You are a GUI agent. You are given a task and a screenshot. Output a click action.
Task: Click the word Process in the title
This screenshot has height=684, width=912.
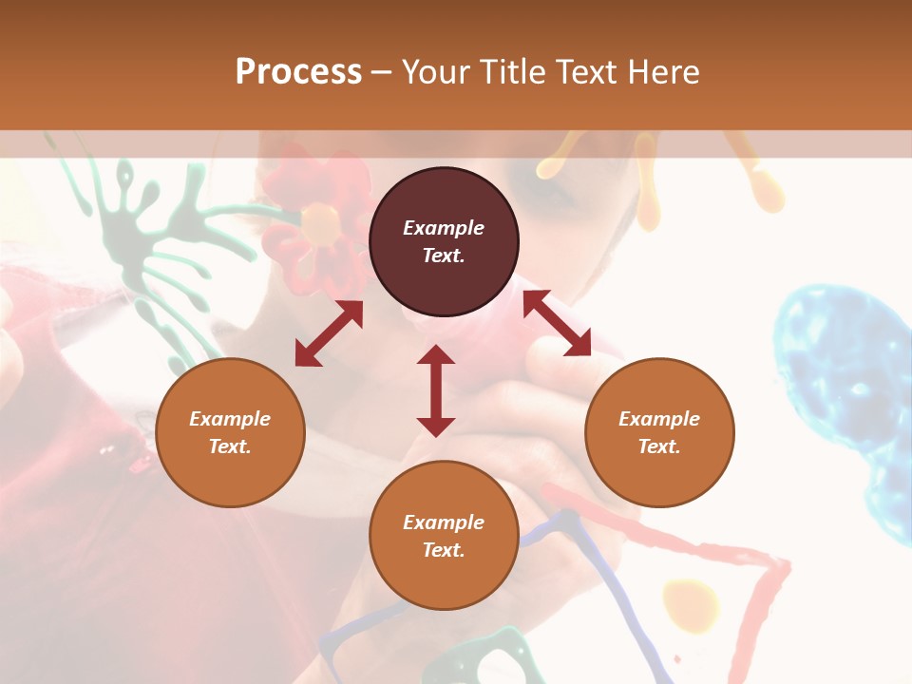click(x=298, y=72)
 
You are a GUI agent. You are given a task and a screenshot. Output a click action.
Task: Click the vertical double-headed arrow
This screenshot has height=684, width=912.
click(x=436, y=390)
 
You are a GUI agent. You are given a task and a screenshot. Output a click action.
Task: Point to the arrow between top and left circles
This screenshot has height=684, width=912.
click(x=329, y=333)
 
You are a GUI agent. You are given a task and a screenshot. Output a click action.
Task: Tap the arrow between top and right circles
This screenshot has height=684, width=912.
click(x=558, y=323)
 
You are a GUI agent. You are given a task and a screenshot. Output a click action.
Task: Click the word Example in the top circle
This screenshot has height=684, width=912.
click(x=444, y=228)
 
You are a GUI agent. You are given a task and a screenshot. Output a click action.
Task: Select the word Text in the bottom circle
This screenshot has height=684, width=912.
click(x=444, y=550)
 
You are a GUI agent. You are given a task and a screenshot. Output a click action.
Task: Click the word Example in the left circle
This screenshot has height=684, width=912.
click(x=230, y=419)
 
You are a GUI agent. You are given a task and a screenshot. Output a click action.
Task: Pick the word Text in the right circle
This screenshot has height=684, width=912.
click(x=659, y=446)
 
